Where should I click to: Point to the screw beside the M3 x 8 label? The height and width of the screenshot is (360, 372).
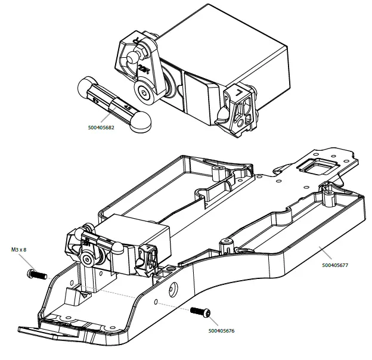(x=37, y=275)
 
